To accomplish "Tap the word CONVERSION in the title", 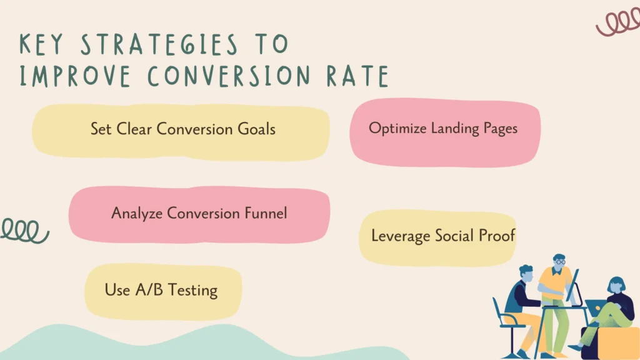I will [x=232, y=76].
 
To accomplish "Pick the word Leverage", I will [x=398, y=236].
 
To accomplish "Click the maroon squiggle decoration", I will [x=617, y=23].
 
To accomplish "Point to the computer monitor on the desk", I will [x=572, y=285].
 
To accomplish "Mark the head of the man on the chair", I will [x=526, y=272].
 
